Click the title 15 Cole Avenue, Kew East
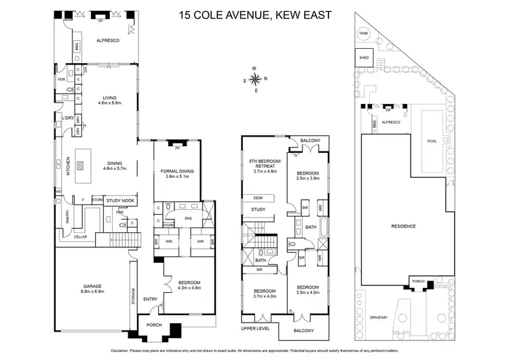[x=254, y=14]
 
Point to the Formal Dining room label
[x=179, y=170]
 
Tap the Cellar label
[x=80, y=236]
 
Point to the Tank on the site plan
[x=364, y=33]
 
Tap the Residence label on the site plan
[x=403, y=226]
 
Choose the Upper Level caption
[x=255, y=328]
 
